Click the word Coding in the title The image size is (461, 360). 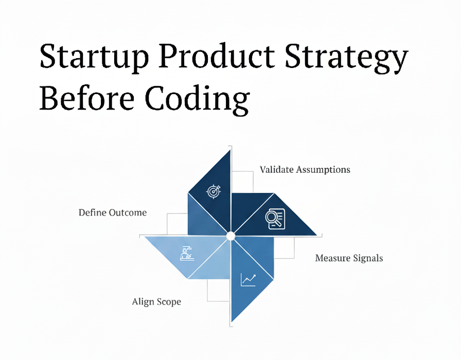197,99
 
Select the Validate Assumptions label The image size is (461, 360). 305,170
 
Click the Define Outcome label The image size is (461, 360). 113,212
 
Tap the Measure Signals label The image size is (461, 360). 349,258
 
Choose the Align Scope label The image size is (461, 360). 156,302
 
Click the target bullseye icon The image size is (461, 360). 214,192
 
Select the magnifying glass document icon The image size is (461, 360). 275,219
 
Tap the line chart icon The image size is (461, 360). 249,279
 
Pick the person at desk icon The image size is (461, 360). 187,254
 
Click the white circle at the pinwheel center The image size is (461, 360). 231,236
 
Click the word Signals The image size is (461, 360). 368,258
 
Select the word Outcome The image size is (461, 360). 128,212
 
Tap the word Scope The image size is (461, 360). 169,302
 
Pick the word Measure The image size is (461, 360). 333,258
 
